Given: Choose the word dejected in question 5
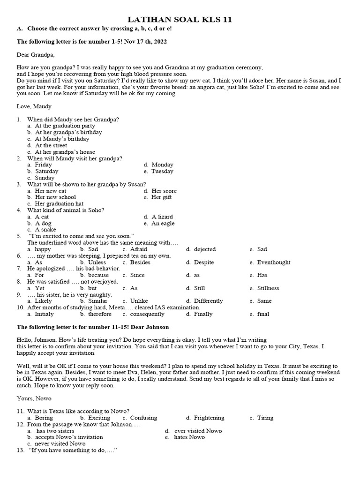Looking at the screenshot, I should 204,249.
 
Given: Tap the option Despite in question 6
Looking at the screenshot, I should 203,262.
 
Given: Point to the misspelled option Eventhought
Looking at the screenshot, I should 274,262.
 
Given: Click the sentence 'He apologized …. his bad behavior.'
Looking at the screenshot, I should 74,269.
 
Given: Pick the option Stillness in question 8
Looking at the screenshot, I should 268,288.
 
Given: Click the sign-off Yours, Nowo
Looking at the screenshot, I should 34,398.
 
